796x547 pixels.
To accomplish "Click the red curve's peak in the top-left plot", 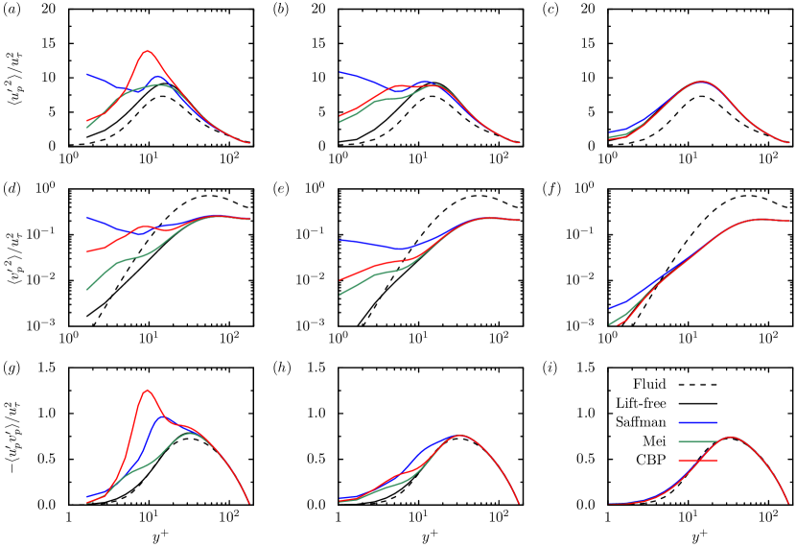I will pyautogui.click(x=147, y=51).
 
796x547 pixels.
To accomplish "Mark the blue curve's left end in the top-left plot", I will pyautogui.click(x=87, y=74).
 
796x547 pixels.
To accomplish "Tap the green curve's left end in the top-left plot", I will pyautogui.click(x=87, y=127).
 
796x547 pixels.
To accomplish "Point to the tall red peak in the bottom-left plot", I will pyautogui.click(x=147, y=390).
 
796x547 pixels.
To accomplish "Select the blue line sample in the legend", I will pyautogui.click(x=697, y=422).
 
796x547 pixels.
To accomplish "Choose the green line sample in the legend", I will pyautogui.click(x=697, y=441).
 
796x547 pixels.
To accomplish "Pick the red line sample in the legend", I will pyautogui.click(x=697, y=461).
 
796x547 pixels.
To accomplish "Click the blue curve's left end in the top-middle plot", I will pyautogui.click(x=339, y=71).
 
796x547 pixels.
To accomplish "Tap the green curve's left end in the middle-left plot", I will pyautogui.click(x=87, y=289).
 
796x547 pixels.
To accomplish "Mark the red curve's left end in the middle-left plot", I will pyautogui.click(x=87, y=251).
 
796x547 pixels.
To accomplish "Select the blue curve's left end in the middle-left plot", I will pyautogui.click(x=87, y=218).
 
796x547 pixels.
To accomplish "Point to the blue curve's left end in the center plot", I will pyautogui.click(x=339, y=240).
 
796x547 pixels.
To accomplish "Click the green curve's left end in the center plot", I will pyautogui.click(x=339, y=294).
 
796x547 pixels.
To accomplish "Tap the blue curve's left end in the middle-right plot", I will pyautogui.click(x=610, y=307).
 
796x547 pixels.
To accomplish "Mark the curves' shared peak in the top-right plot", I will pyautogui.click(x=702, y=82).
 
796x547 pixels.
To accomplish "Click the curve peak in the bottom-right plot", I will pyautogui.click(x=731, y=437).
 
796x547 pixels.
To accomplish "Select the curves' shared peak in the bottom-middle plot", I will pyautogui.click(x=461, y=435).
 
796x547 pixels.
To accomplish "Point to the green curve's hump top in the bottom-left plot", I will pyautogui.click(x=192, y=433).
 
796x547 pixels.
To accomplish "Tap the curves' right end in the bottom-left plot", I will pyautogui.click(x=249, y=503).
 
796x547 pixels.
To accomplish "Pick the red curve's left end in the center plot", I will pyautogui.click(x=339, y=279).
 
